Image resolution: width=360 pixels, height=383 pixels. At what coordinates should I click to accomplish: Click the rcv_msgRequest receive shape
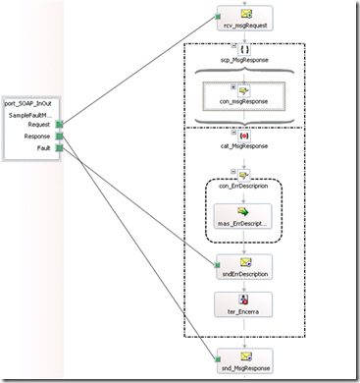tap(245, 19)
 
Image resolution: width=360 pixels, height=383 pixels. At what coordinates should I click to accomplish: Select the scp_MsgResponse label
tap(244, 60)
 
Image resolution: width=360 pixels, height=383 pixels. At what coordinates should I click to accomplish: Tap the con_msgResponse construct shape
tap(244, 96)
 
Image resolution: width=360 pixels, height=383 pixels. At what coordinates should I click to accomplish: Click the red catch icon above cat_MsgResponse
tap(244, 136)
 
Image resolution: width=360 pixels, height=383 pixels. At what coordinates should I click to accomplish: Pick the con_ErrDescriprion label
tap(243, 186)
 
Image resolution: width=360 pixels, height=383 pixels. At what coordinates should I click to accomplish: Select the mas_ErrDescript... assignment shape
tap(242, 216)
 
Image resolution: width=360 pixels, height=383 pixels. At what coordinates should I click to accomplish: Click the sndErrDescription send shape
tap(244, 267)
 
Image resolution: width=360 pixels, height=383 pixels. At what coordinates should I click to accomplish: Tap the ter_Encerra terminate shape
tap(243, 304)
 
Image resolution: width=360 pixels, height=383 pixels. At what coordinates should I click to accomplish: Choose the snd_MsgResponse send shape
tap(244, 361)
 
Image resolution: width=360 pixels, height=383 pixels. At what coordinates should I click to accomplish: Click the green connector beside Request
tap(59, 125)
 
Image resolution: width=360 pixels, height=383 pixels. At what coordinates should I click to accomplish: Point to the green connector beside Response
tap(59, 137)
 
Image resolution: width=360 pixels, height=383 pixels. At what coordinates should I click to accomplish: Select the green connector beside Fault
tap(59, 148)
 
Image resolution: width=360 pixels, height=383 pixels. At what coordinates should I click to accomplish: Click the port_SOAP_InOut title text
tap(28, 104)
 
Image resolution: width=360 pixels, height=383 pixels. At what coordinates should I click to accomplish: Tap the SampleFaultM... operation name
tap(30, 115)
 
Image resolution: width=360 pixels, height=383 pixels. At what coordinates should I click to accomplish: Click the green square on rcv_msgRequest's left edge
tap(217, 17)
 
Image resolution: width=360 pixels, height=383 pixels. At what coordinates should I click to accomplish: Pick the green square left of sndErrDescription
tap(217, 265)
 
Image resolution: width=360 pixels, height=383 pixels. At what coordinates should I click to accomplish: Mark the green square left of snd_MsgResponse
tap(218, 359)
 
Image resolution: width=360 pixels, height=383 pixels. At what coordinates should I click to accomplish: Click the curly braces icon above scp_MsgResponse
tap(244, 50)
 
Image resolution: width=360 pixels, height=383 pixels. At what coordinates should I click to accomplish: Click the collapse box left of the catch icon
tap(233, 133)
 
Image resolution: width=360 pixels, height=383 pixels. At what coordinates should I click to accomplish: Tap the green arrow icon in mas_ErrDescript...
tap(243, 212)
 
